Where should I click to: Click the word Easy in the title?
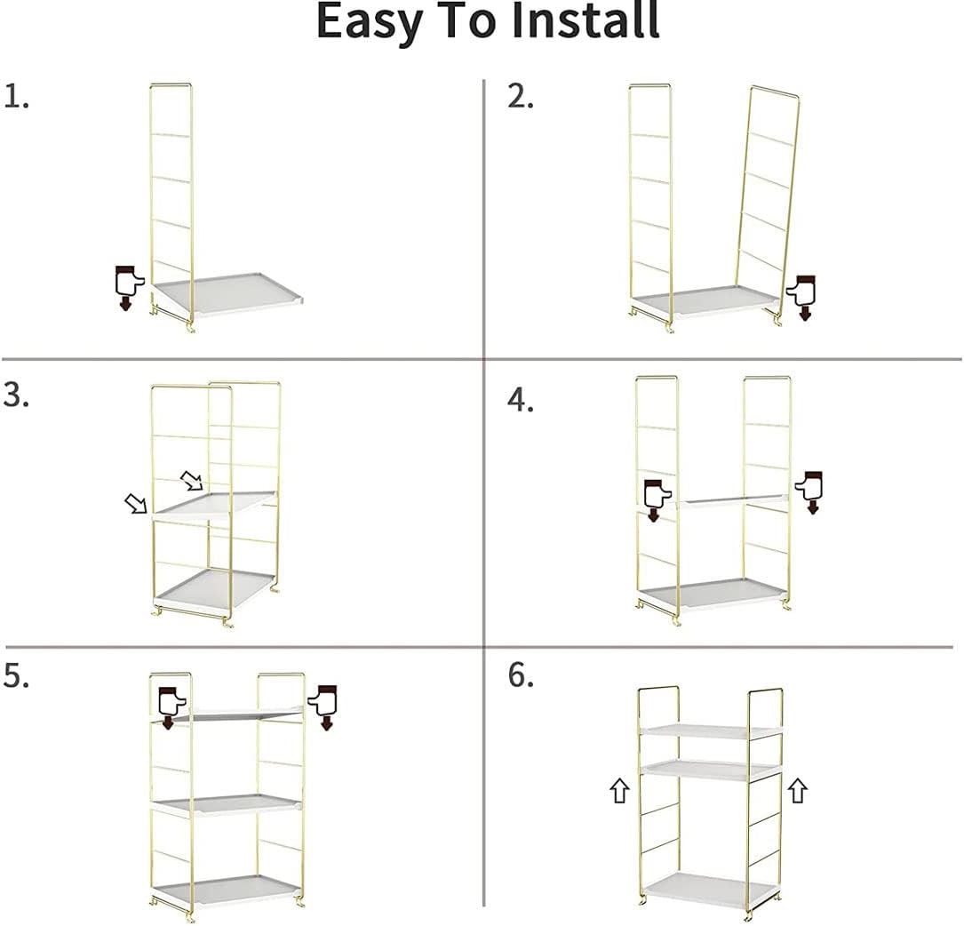(x=373, y=21)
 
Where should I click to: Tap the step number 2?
(x=521, y=96)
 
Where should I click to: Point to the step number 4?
(x=521, y=400)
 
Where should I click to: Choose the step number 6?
(x=521, y=676)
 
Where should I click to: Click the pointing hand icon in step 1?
(x=128, y=287)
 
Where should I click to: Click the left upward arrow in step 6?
(x=619, y=790)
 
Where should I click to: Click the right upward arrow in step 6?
(x=797, y=790)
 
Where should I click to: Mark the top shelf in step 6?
(x=711, y=730)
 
